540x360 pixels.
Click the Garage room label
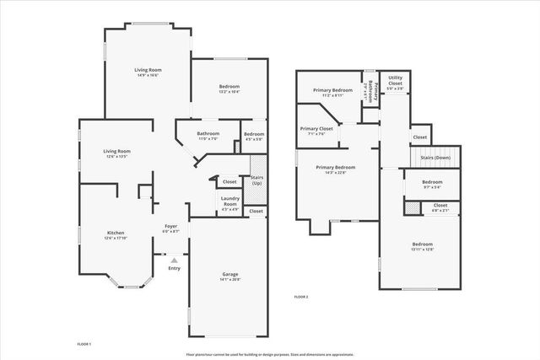pyautogui.click(x=229, y=274)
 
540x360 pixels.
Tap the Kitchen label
pyautogui.click(x=116, y=233)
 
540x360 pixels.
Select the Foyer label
pyautogui.click(x=170, y=226)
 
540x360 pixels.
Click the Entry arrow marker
pyautogui.click(x=174, y=260)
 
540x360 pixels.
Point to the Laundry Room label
pyautogui.click(x=229, y=201)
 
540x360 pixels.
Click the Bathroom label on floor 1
pyautogui.click(x=208, y=133)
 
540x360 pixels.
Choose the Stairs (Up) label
pyautogui.click(x=256, y=180)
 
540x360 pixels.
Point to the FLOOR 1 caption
pyautogui.click(x=83, y=344)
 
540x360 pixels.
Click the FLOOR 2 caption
pyautogui.click(x=301, y=298)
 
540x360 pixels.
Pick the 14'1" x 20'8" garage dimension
pyautogui.click(x=229, y=279)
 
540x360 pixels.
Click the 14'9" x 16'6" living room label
pyautogui.click(x=148, y=75)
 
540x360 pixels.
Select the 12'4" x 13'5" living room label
pyautogui.click(x=116, y=157)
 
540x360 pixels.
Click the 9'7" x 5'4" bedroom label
pyautogui.click(x=432, y=187)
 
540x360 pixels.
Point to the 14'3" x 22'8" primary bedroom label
pyautogui.click(x=336, y=173)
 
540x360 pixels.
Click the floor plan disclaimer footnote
pyautogui.click(x=269, y=354)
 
